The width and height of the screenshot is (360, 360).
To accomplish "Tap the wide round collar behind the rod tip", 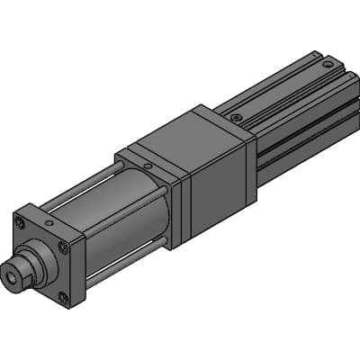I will coord(37,262).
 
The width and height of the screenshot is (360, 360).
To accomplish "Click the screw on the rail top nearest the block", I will coord(235,117).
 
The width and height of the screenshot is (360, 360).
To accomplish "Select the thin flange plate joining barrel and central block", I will coord(176,202).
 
